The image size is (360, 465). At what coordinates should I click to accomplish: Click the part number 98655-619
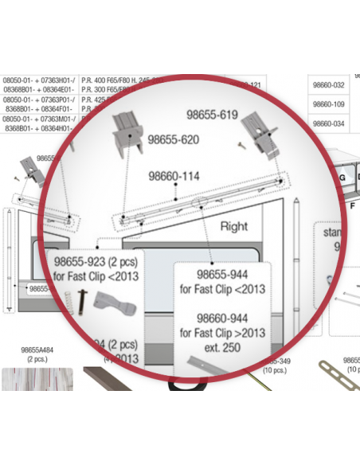tap(212, 115)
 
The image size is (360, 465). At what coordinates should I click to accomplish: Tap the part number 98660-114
tap(174, 176)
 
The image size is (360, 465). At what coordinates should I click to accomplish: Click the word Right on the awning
tap(234, 226)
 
